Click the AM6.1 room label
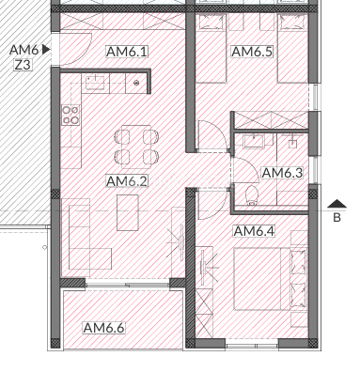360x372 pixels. pyautogui.click(x=128, y=53)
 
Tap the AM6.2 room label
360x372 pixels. pyautogui.click(x=128, y=181)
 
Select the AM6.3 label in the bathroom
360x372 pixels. pyautogui.click(x=281, y=173)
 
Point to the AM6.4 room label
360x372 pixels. pyautogui.click(x=253, y=231)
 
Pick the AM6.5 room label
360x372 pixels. pyautogui.click(x=252, y=53)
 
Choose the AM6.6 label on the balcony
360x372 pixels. pyautogui.click(x=103, y=328)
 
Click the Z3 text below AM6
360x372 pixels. pyautogui.click(x=22, y=65)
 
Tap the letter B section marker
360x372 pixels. pyautogui.click(x=336, y=218)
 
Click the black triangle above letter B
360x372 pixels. pyautogui.click(x=336, y=203)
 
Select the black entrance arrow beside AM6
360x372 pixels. pyautogui.click(x=45, y=49)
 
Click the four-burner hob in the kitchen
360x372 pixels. pyautogui.click(x=70, y=116)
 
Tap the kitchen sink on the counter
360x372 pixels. pyautogui.click(x=95, y=84)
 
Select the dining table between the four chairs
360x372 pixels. pyautogui.click(x=135, y=145)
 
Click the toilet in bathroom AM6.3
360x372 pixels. pyautogui.click(x=250, y=195)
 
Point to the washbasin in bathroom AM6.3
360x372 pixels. pyautogui.click(x=253, y=142)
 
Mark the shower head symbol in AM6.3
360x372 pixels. pyautogui.click(x=293, y=144)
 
